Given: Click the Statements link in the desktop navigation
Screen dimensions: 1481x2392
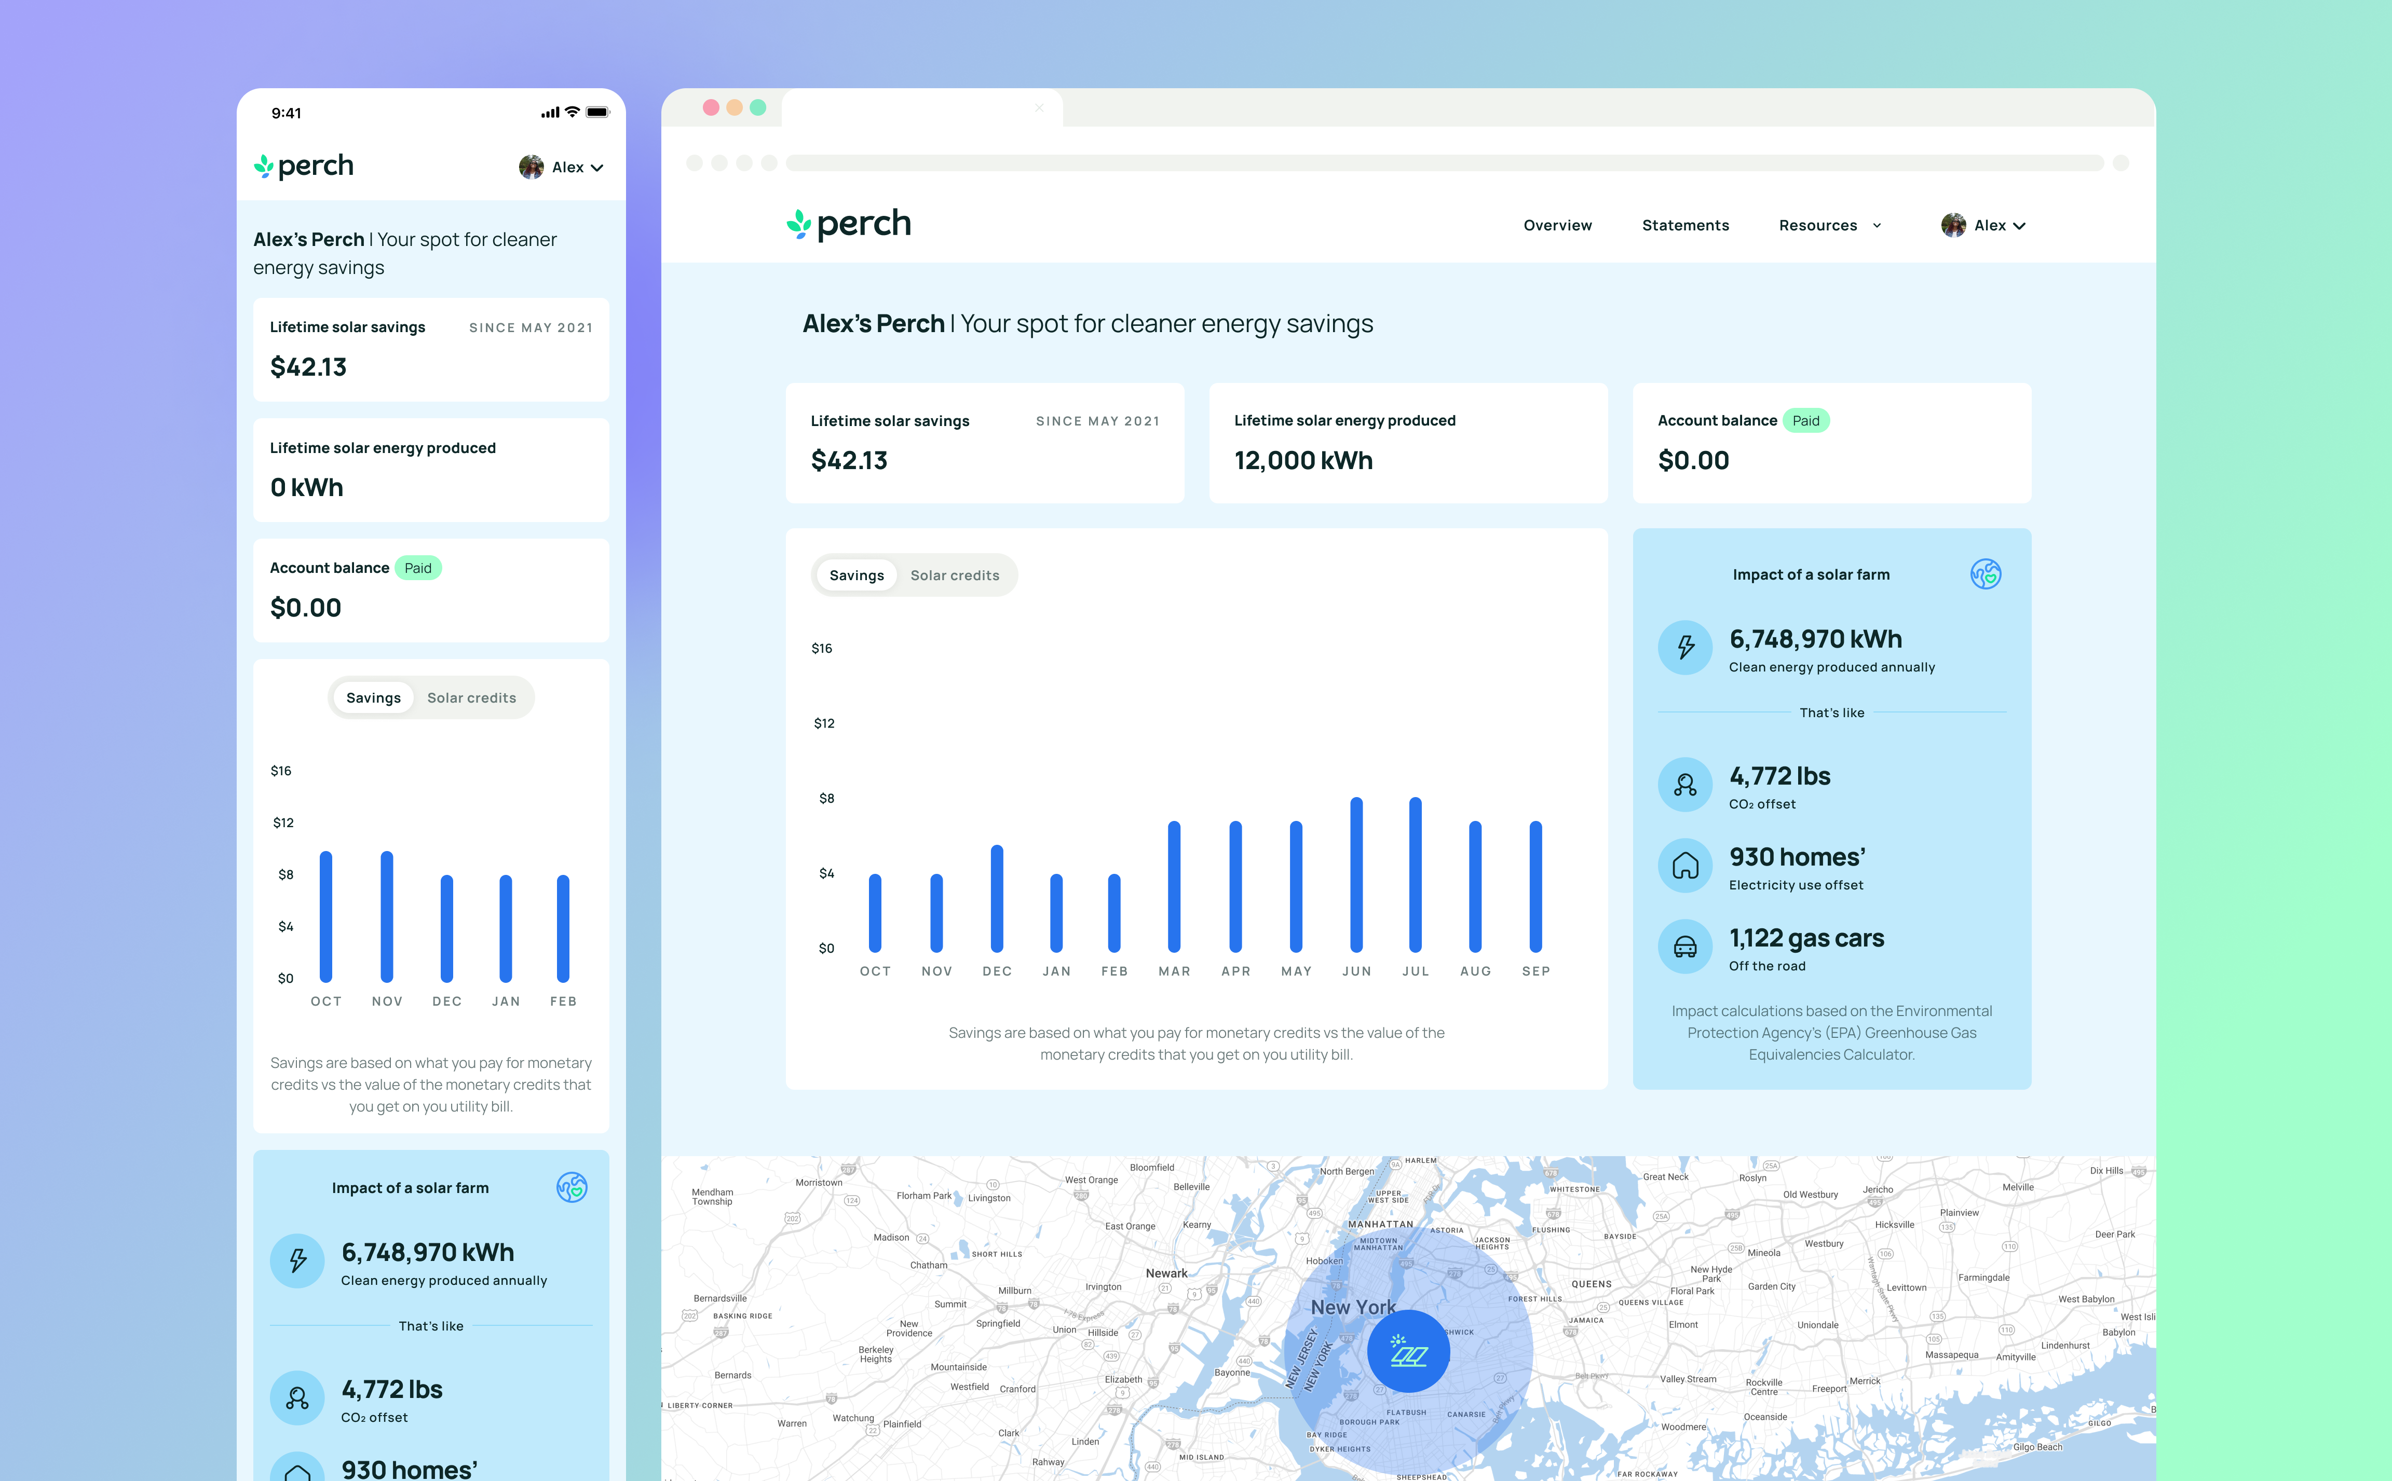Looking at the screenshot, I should (1685, 225).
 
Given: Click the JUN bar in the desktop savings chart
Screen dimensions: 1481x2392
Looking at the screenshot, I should (1356, 875).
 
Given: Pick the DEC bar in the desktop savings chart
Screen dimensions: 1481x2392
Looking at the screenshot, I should (996, 898).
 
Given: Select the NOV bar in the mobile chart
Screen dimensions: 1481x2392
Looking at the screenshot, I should (387, 917).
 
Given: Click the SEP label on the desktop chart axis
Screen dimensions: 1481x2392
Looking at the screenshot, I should (1535, 971).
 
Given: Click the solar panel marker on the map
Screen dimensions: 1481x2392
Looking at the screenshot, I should (1408, 1352).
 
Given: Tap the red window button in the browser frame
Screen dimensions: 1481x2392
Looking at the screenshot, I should (710, 108).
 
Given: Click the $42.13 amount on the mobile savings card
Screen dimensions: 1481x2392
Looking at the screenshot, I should (308, 367).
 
